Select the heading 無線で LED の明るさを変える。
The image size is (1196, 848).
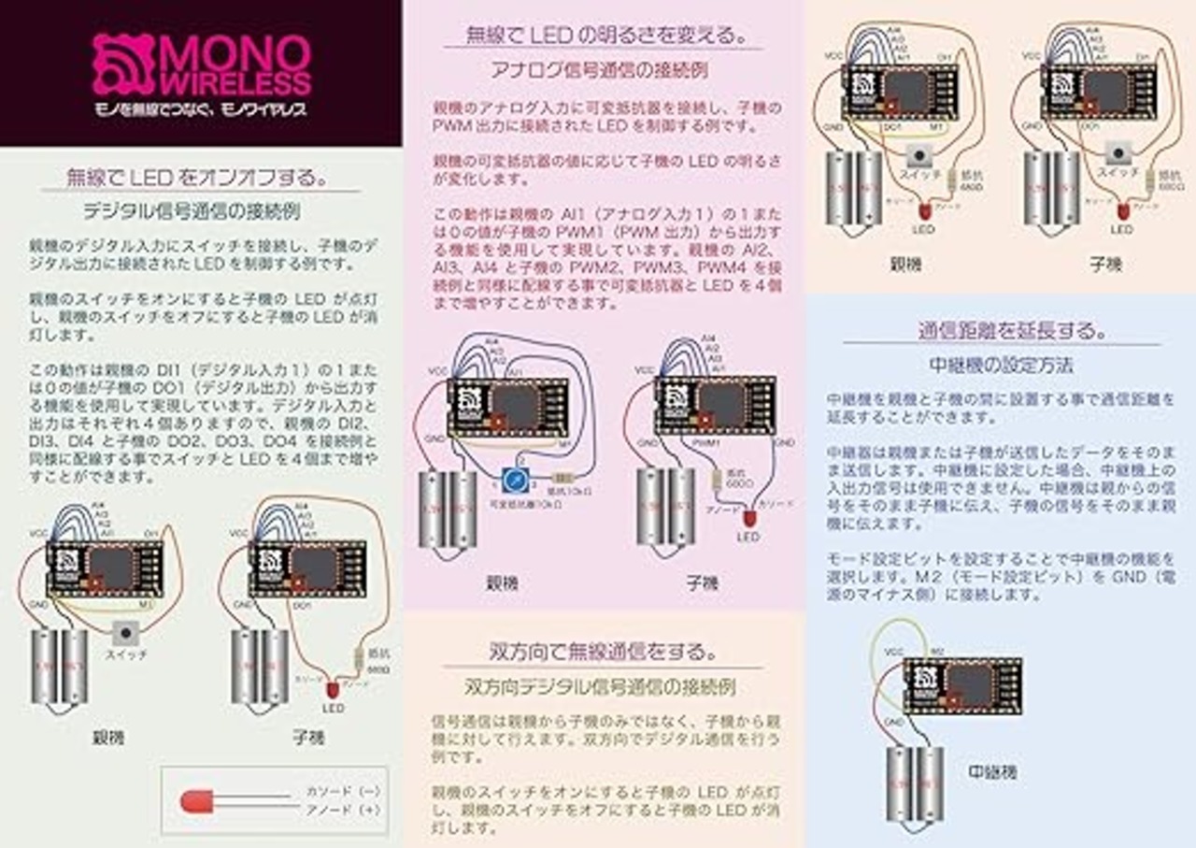point(605,36)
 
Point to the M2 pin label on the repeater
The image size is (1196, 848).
point(937,650)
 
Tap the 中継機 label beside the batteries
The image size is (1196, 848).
point(993,772)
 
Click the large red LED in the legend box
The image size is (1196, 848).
point(197,801)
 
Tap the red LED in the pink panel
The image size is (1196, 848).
point(748,516)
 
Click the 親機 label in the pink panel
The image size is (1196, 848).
point(501,583)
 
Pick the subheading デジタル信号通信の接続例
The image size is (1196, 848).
point(192,211)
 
